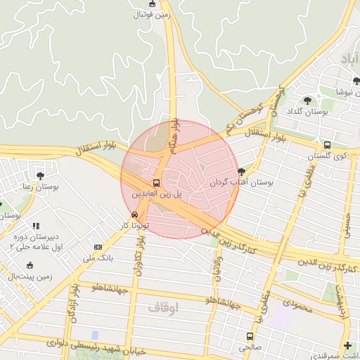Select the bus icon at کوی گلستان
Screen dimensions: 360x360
click(x=327, y=146)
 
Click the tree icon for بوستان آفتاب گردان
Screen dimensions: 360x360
click(x=242, y=171)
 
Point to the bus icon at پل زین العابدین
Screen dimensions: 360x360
click(x=156, y=182)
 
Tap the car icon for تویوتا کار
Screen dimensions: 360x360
click(x=134, y=214)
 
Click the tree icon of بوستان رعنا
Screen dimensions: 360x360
click(x=40, y=176)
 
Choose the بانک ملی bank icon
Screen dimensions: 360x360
click(x=98, y=247)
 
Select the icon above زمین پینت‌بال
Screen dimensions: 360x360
click(x=29, y=265)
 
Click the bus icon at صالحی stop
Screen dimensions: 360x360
click(x=249, y=336)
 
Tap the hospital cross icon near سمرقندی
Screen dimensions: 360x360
click(x=347, y=346)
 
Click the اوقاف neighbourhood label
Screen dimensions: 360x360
click(x=164, y=308)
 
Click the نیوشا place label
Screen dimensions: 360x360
click(x=347, y=91)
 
